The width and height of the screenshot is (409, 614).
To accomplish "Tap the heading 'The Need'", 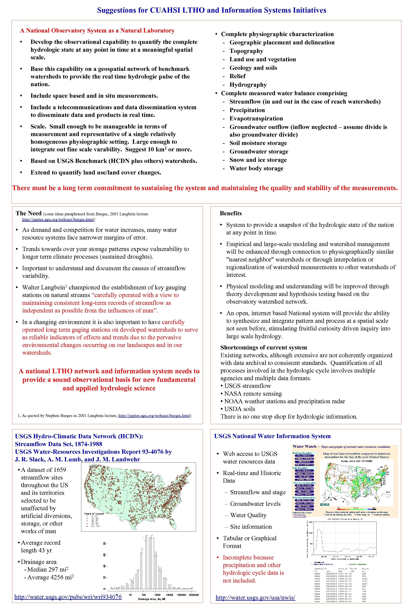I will click(x=29, y=213).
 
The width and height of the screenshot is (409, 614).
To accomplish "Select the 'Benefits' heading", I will click(x=231, y=213).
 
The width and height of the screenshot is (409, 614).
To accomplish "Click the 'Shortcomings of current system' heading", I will click(x=263, y=348).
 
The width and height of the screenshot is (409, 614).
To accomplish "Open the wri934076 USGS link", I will click(x=68, y=597).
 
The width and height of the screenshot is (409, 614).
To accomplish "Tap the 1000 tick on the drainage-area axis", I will click(x=157, y=595).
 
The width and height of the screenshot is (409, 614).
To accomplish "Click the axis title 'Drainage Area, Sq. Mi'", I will click(x=152, y=599).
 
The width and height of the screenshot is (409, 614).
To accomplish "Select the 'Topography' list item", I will click(x=246, y=51).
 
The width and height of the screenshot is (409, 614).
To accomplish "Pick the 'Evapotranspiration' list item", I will click(x=256, y=119).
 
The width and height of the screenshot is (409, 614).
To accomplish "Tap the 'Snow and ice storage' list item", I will click(x=258, y=160).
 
